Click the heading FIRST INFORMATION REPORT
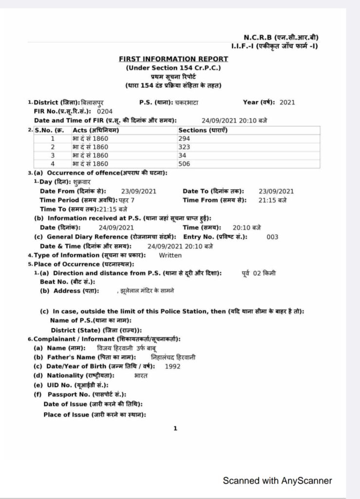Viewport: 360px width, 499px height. pos(173,59)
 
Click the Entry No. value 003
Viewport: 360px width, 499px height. pos(273,237)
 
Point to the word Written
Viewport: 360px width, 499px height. pos(171,255)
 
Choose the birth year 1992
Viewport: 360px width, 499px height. pos(173,365)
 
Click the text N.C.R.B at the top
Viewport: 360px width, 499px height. pos(257,38)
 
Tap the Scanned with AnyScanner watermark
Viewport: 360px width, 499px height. pos(277,480)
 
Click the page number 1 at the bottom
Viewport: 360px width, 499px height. pos(175,429)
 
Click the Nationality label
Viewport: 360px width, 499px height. pos(80,375)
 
